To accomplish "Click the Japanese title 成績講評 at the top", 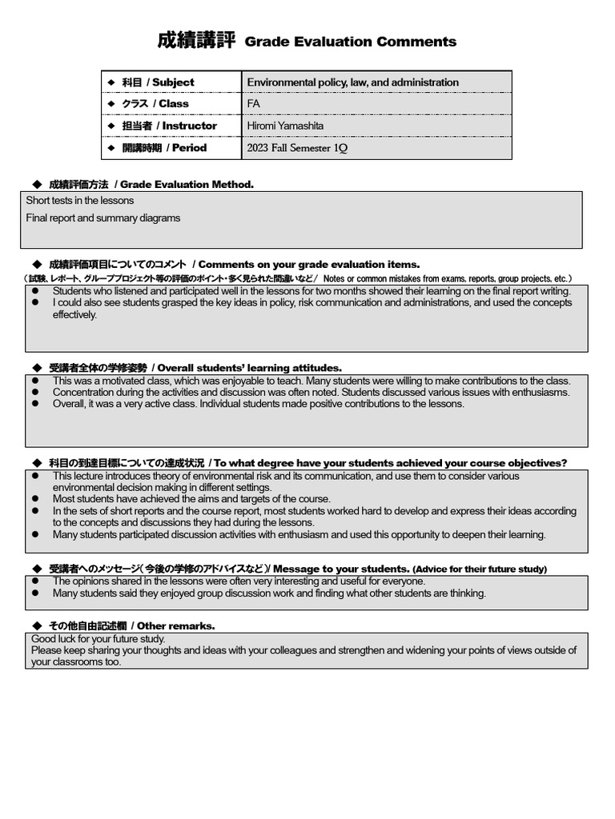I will coord(195,41).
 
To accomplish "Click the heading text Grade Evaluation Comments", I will coord(350,42).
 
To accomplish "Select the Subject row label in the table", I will coord(158,82).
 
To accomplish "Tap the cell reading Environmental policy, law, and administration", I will coord(352,82).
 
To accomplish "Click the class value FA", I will coord(254,104).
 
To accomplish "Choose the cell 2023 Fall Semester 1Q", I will coord(297,148).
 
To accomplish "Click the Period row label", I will coord(164,148).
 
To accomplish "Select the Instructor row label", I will coord(169,126).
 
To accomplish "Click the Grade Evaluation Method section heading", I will coord(151,185).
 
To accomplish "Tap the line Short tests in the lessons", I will coord(80,201).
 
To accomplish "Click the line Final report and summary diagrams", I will coord(103,218).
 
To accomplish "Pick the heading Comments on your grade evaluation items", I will coord(234,265).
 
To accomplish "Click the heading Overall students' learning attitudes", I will coord(195,368).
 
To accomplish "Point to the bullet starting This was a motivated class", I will coord(311,382).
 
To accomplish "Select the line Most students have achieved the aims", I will coord(191,499).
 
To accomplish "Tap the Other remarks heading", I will coord(132,626).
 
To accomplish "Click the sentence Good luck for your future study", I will coord(98,639).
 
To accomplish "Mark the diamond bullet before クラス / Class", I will coord(111,104).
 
